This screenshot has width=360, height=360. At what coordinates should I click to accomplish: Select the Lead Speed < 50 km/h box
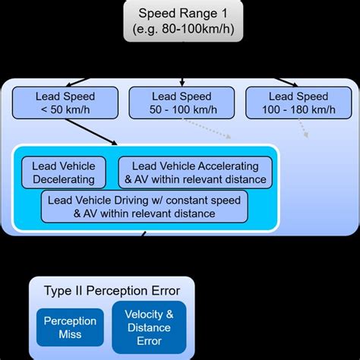pyautogui.click(x=65, y=103)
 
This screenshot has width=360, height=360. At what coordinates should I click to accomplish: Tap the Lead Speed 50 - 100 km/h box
pyautogui.click(x=182, y=103)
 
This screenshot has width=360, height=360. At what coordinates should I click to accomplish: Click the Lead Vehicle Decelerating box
pyautogui.click(x=64, y=172)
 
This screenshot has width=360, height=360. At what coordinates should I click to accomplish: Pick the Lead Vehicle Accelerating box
pyautogui.click(x=195, y=172)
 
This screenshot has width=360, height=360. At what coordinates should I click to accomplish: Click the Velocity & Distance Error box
pyautogui.click(x=149, y=327)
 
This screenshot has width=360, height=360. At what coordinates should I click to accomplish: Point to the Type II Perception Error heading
pyautogui.click(x=111, y=291)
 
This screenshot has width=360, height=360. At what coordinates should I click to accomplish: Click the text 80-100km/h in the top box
pyautogui.click(x=193, y=31)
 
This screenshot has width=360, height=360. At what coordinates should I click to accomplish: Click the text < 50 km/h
pyautogui.click(x=65, y=111)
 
